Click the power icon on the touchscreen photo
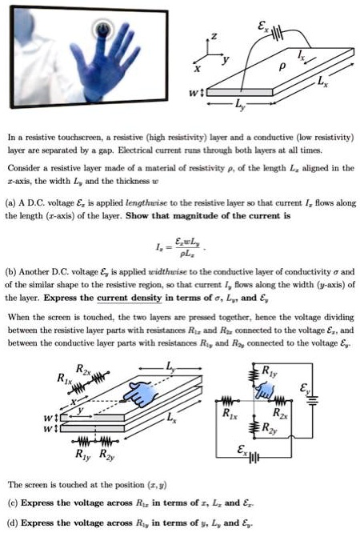(102, 30)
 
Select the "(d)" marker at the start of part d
(12, 523)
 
